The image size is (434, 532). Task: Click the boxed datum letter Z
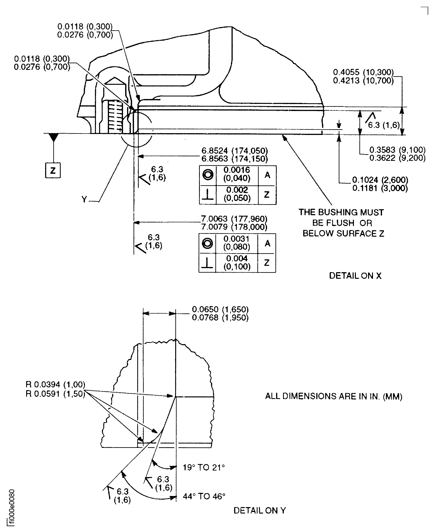coord(53,171)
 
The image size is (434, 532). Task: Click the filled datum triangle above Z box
coord(53,137)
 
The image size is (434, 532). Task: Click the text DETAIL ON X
coord(355,276)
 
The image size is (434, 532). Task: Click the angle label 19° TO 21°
coord(204,467)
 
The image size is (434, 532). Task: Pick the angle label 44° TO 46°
coord(204,496)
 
